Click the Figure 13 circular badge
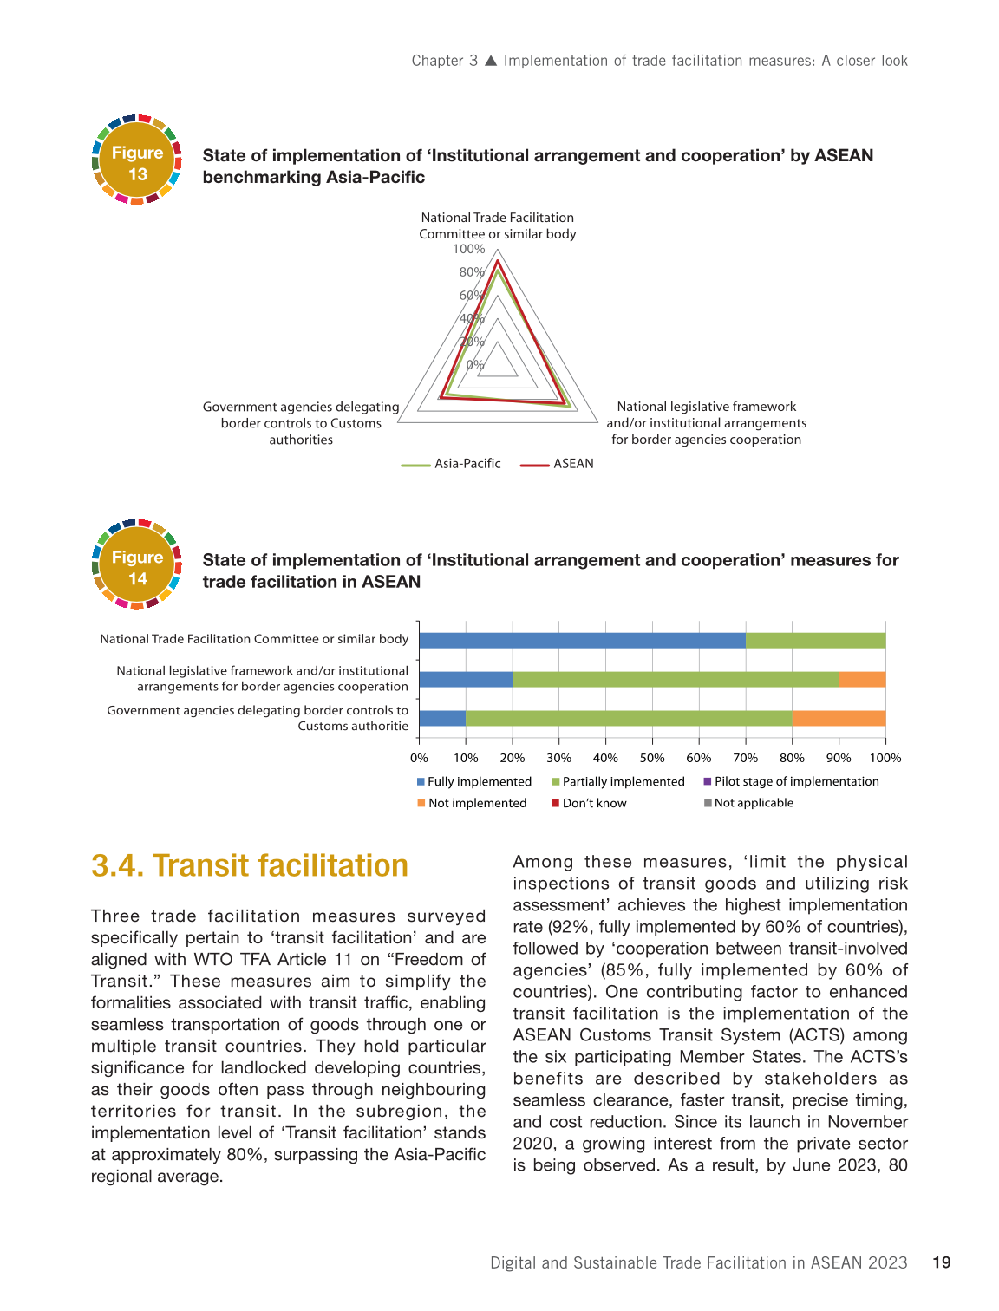[x=137, y=160]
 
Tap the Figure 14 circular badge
[x=137, y=565]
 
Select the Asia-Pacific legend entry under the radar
[x=452, y=464]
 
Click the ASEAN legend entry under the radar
[x=558, y=464]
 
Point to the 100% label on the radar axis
[x=469, y=250]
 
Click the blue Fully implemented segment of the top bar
[x=582, y=641]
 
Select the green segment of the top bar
[x=815, y=641]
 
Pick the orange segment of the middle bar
[x=862, y=679]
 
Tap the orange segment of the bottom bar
[x=839, y=718]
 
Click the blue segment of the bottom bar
[x=442, y=718]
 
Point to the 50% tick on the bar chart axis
[x=652, y=758]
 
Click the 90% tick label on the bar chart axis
[x=839, y=758]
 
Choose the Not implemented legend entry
[x=473, y=803]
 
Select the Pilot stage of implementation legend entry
[x=792, y=781]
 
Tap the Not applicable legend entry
[x=749, y=803]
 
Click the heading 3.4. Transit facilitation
[x=250, y=865]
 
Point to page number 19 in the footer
[x=942, y=1262]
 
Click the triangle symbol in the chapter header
[x=491, y=61]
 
